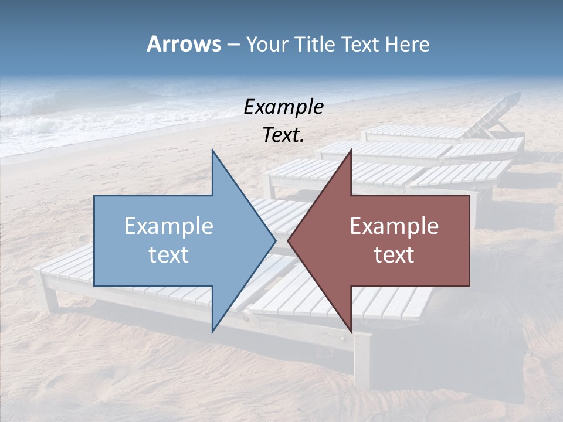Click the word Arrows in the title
[x=183, y=44]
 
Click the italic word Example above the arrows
[x=283, y=107]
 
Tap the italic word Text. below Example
[x=283, y=135]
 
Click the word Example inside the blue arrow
[x=169, y=226]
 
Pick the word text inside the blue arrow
[x=169, y=254]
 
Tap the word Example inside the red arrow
[x=394, y=226]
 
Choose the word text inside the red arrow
[x=394, y=254]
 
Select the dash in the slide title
[x=232, y=45]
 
